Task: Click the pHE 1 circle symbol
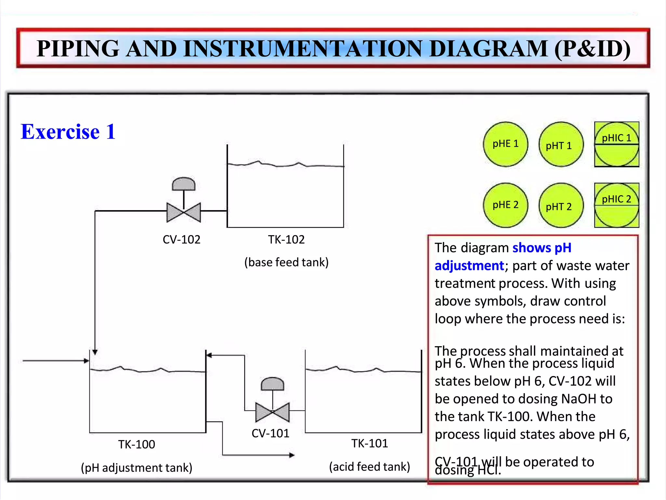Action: pos(505,144)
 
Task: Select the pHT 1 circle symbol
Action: pos(561,144)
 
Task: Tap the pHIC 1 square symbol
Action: pos(616,144)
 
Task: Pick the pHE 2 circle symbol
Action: pos(505,205)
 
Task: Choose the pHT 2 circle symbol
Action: pos(561,205)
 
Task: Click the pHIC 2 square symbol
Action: pos(616,205)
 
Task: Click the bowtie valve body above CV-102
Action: pos(184,212)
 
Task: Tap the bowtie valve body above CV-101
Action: pos(273,412)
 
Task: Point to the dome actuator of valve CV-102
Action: pos(184,184)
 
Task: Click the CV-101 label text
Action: pos(270,433)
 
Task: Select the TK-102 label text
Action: pos(286,239)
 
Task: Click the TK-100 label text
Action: pos(137,444)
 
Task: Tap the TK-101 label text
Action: pos(369,443)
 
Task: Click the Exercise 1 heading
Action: pos(68,132)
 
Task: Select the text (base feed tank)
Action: pos(286,262)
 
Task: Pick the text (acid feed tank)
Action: pos(369,466)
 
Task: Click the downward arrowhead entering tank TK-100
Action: pos(95,352)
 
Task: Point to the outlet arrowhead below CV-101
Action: pos(292,455)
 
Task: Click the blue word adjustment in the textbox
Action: pos(469,266)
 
